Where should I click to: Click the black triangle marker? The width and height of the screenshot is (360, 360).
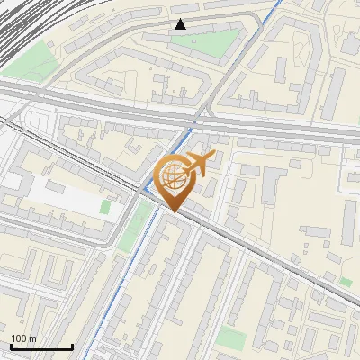[x=181, y=24]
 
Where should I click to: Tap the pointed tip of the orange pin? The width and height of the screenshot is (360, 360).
[x=174, y=212]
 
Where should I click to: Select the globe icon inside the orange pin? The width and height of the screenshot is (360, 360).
[x=174, y=176]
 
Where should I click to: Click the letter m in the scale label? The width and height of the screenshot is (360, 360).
[x=33, y=338]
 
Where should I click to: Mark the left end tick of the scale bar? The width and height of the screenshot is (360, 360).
[x=10, y=346]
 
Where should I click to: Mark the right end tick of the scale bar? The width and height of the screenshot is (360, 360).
[x=72, y=346]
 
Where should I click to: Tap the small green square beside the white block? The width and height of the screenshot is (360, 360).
[x=105, y=207]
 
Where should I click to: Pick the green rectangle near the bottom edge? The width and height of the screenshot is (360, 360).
[x=231, y=337]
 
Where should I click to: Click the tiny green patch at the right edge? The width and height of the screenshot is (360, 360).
[x=346, y=282]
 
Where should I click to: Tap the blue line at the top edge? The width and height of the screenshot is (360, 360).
[x=274, y=7]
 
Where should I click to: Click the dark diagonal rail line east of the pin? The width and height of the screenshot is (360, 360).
[x=270, y=261]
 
